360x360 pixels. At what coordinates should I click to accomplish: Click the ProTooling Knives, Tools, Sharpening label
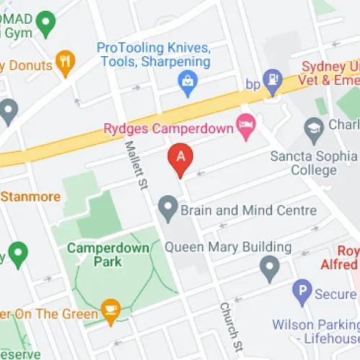point(154,55)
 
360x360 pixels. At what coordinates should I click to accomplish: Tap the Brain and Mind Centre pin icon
point(168,210)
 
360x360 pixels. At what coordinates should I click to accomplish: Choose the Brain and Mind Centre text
point(248,211)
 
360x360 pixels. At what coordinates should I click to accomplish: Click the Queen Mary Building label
point(228,247)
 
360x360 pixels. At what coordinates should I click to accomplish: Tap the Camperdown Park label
point(108,254)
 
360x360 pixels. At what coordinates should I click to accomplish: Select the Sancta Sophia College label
point(313,163)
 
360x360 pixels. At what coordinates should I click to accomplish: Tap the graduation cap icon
point(313,130)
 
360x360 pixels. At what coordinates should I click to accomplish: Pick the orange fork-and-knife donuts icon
point(65,63)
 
